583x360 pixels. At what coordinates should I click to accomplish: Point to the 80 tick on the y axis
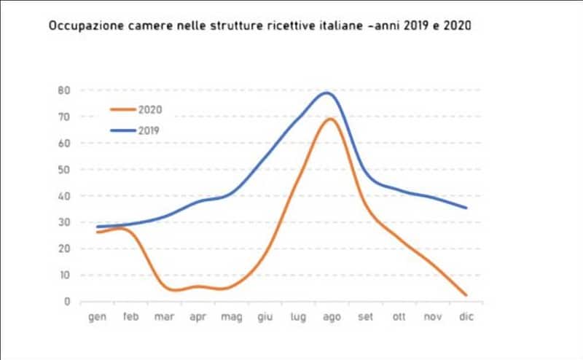tap(65, 90)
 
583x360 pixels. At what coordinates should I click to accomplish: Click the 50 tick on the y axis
tap(65, 170)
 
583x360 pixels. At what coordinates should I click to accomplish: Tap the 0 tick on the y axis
tap(67, 302)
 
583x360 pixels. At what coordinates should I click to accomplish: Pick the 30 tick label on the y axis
tap(65, 222)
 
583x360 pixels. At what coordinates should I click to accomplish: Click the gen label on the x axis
tap(97, 318)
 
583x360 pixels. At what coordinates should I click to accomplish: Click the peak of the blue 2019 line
tap(326, 93)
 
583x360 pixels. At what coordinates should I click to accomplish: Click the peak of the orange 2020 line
tap(330, 118)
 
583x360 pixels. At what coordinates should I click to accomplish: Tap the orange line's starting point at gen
tap(98, 232)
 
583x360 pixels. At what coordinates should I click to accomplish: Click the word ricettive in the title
tap(302, 26)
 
